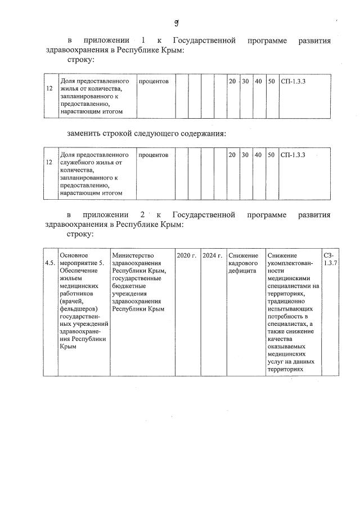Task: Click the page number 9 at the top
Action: [176, 22]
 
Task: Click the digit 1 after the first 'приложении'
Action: [143, 41]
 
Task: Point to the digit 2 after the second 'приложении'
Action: [143, 215]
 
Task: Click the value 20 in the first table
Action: [232, 82]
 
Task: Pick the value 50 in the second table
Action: [271, 155]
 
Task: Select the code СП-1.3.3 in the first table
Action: [292, 82]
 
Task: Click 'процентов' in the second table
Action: [153, 155]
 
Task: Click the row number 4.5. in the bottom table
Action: [50, 263]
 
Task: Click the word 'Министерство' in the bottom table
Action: [133, 255]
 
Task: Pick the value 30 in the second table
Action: [245, 155]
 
